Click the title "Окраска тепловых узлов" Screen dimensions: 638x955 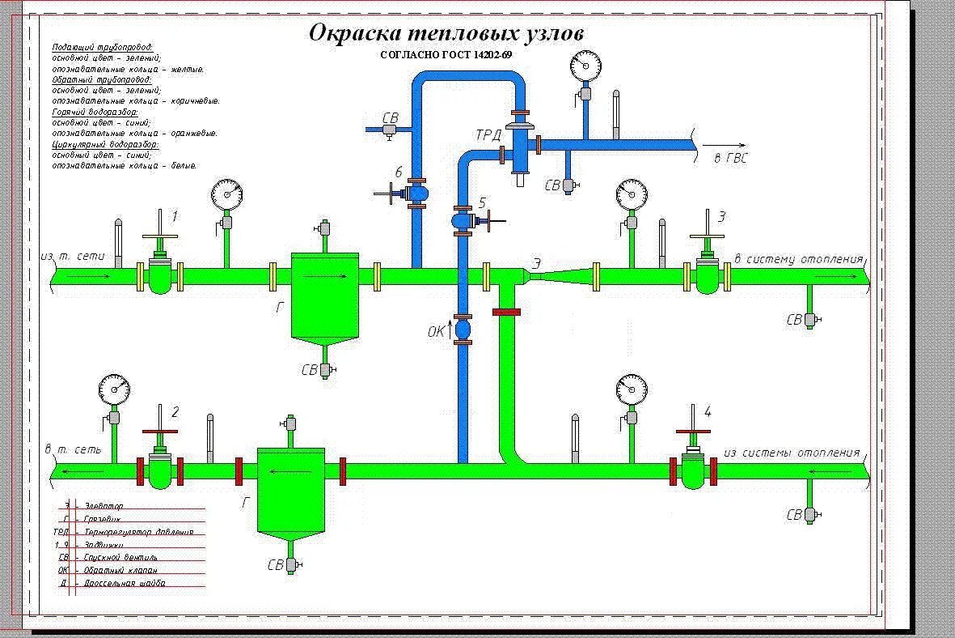(446, 34)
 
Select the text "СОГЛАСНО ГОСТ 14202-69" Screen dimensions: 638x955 (446, 55)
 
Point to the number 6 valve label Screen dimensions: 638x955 (399, 172)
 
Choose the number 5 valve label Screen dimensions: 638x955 (483, 202)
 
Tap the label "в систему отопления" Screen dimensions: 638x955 (798, 259)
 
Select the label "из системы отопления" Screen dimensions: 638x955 (792, 453)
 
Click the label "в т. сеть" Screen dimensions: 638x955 (73, 449)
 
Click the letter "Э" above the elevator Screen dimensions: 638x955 (536, 262)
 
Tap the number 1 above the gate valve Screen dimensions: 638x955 (174, 216)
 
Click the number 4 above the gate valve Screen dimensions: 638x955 (708, 411)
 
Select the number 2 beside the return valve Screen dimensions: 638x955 (175, 411)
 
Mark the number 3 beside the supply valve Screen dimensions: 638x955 (722, 216)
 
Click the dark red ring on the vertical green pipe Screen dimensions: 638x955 (506, 312)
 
